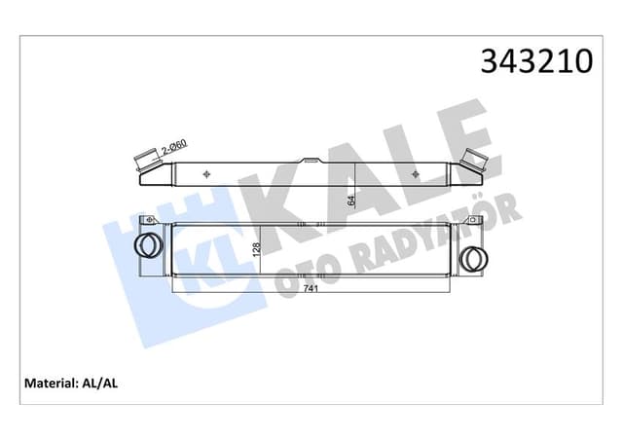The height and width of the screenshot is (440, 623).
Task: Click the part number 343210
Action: point(536,60)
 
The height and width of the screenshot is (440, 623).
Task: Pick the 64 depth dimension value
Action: point(351,201)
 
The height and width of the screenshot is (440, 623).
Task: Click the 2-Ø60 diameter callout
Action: point(174,147)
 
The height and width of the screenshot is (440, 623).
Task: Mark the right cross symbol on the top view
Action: point(419,175)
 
